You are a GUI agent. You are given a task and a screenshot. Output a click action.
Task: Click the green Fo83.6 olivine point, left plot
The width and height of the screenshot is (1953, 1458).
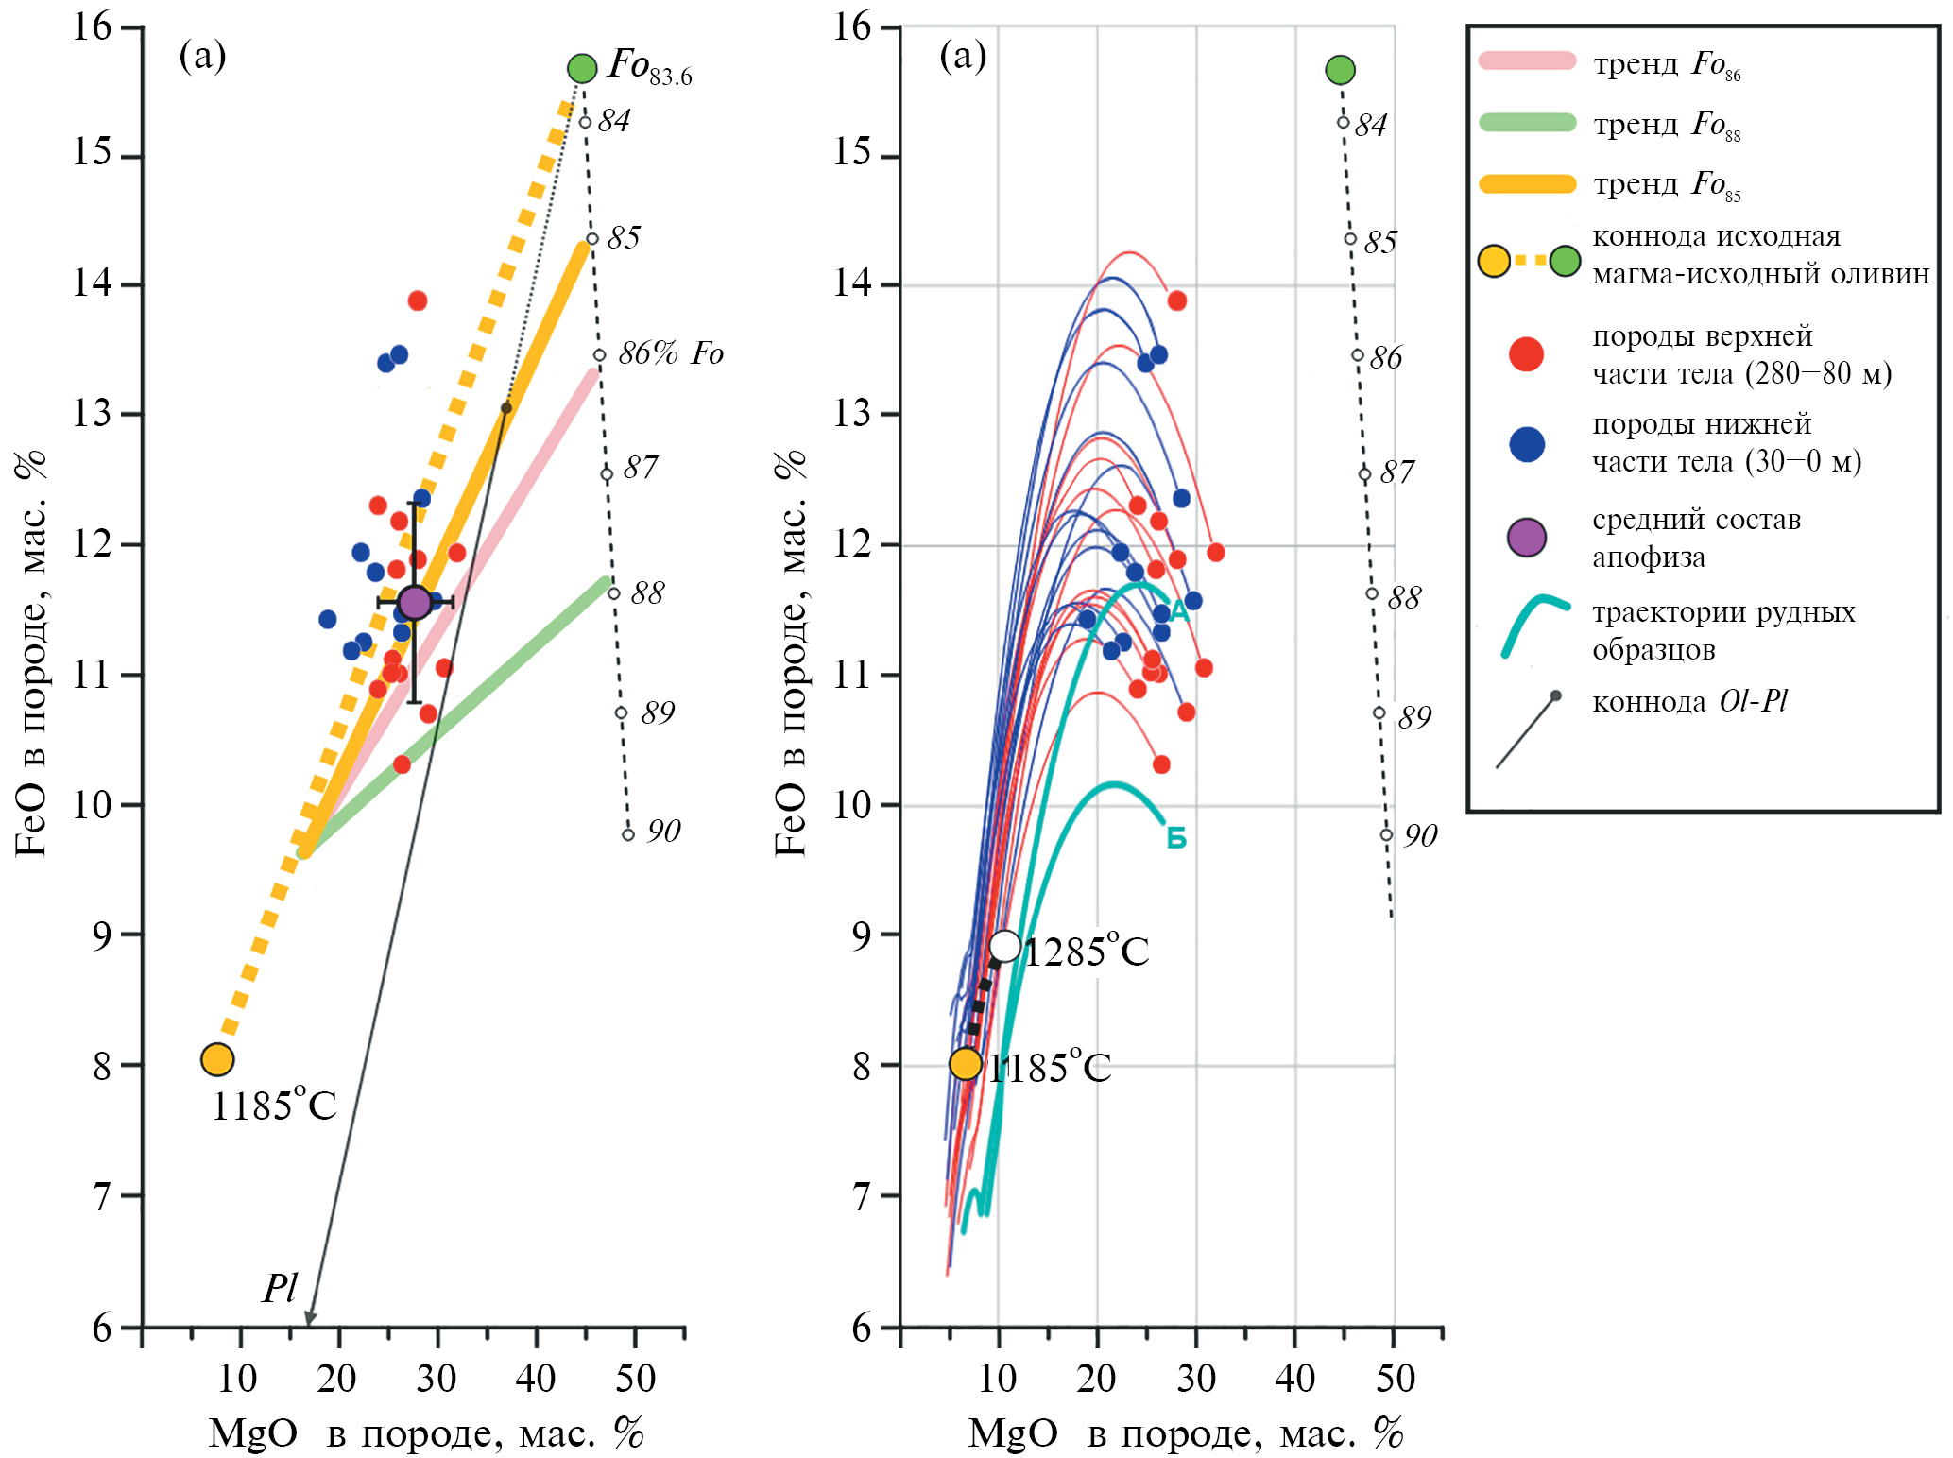click(x=582, y=68)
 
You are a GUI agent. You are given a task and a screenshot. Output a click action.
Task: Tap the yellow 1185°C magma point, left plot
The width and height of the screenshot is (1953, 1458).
click(x=217, y=1059)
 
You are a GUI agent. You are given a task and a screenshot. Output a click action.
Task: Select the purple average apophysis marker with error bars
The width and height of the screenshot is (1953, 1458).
click(x=415, y=602)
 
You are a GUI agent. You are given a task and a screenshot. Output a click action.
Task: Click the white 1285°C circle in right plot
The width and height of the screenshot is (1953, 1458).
click(x=1004, y=946)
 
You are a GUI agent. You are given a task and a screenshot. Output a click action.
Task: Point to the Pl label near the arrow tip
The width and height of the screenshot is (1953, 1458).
click(x=280, y=1288)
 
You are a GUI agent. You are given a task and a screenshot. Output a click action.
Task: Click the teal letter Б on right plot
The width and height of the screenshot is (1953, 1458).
click(x=1176, y=838)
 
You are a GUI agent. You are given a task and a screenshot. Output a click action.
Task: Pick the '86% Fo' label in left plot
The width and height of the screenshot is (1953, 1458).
click(x=671, y=353)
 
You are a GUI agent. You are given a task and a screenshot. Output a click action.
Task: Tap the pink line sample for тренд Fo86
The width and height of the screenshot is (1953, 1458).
click(x=1528, y=61)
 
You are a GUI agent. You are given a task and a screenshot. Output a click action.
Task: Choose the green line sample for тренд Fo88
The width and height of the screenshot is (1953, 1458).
click(x=1528, y=122)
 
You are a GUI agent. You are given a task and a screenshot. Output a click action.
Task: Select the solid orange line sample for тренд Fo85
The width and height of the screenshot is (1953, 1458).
click(x=1528, y=183)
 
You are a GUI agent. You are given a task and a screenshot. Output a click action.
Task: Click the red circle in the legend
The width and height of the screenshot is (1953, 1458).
click(x=1526, y=354)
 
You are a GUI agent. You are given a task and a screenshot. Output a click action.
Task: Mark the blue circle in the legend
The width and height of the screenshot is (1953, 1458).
click(x=1527, y=444)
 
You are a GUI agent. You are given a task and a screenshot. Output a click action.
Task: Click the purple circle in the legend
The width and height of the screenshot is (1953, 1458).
click(x=1527, y=538)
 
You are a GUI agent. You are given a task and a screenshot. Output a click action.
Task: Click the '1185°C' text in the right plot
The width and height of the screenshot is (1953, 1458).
click(x=1051, y=1068)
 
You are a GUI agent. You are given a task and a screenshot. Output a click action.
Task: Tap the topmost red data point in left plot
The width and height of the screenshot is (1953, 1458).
click(x=418, y=300)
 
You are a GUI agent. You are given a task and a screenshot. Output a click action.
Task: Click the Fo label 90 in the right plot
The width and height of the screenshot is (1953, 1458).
click(x=1420, y=835)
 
